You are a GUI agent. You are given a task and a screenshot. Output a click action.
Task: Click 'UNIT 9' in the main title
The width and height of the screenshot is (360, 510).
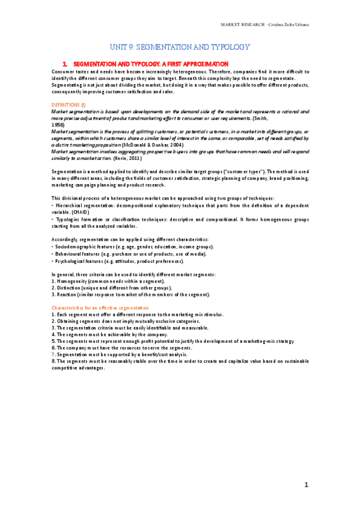(124, 47)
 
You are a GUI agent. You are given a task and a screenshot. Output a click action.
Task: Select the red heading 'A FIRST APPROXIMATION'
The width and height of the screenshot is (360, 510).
(194, 63)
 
